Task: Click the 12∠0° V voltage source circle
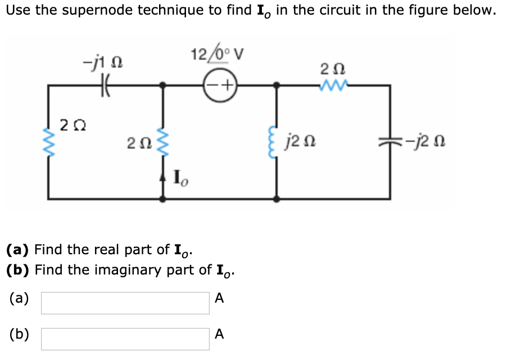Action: coord(220,85)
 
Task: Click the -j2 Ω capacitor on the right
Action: coord(390,141)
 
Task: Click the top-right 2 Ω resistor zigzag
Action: coord(329,85)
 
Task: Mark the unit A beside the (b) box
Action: coord(219,335)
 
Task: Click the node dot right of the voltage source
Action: coord(276,85)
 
